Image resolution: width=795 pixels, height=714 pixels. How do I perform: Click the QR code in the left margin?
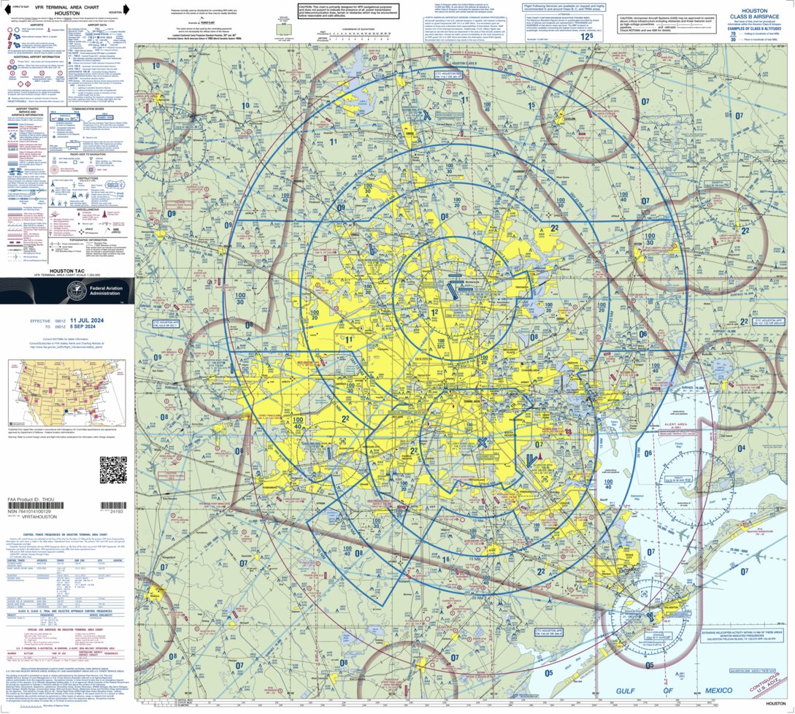113,469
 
